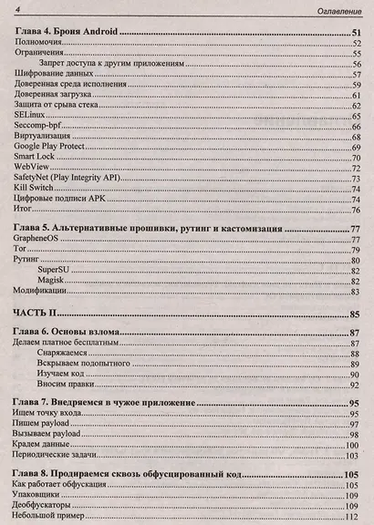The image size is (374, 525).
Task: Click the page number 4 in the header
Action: pos(19,9)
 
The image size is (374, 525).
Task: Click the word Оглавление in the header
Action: pos(335,10)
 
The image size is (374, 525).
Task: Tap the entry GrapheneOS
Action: pos(41,240)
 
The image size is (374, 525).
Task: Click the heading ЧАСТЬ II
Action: pos(42,314)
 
